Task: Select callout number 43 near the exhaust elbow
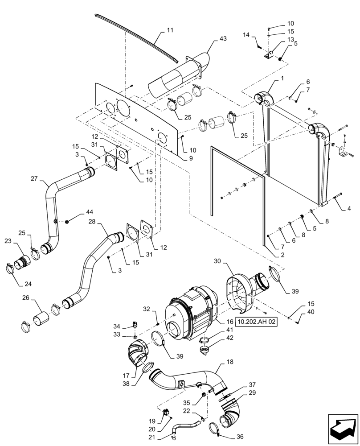pyautogui.click(x=223, y=39)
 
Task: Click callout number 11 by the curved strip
pyautogui.click(x=170, y=30)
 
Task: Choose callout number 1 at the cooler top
pyautogui.click(x=282, y=79)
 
